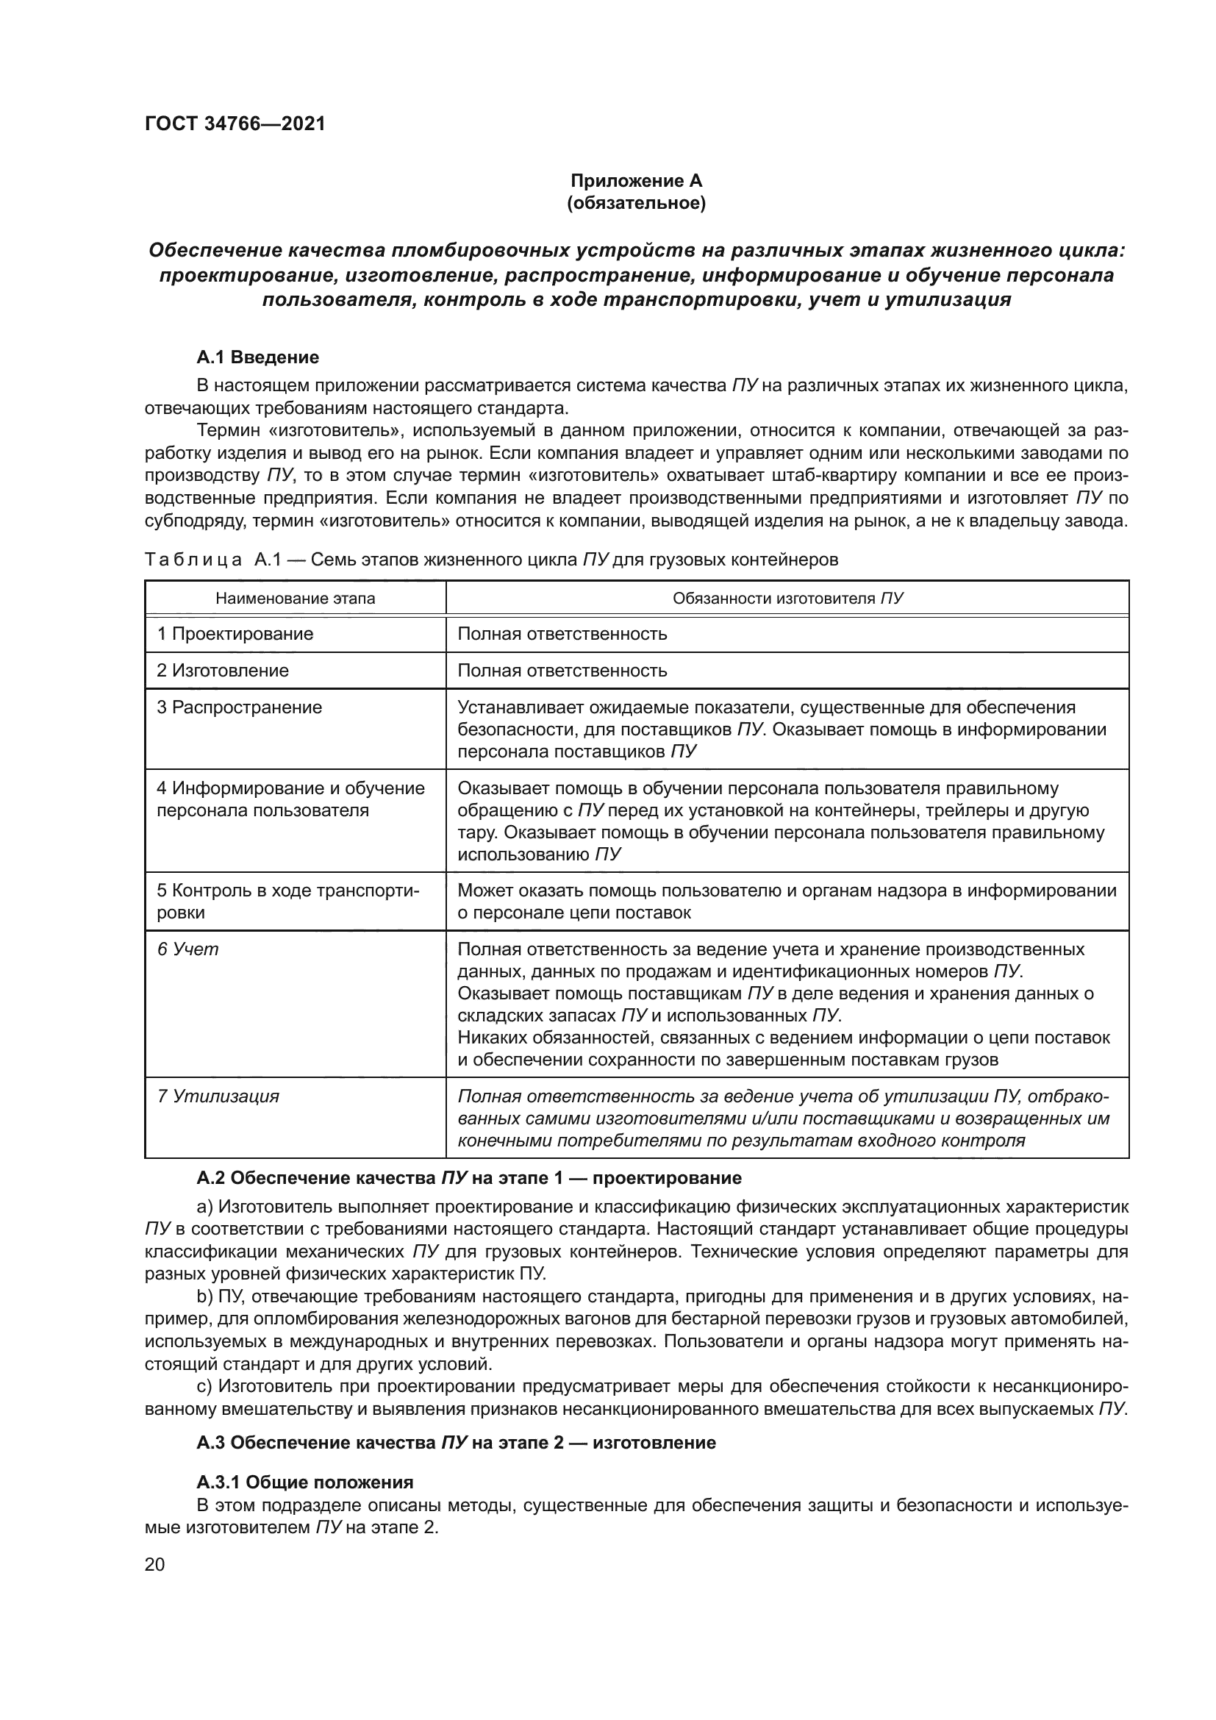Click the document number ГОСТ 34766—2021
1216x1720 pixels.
(235, 124)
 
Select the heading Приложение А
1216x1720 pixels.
(636, 181)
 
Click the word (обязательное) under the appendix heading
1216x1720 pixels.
(636, 203)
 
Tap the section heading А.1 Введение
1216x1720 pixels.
(257, 357)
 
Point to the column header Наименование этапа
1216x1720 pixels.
(295, 599)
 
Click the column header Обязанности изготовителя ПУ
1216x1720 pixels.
(787, 599)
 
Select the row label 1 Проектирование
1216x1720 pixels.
(235, 634)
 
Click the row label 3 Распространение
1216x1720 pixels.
(239, 707)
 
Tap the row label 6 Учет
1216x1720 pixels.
(188, 949)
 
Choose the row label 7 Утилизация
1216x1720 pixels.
(218, 1096)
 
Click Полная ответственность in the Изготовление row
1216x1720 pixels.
(562, 671)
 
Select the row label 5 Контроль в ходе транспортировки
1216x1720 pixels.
(287, 902)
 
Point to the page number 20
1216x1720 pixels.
(155, 1564)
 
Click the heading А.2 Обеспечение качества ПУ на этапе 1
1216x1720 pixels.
(469, 1177)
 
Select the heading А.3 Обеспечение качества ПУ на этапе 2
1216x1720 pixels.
(456, 1442)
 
